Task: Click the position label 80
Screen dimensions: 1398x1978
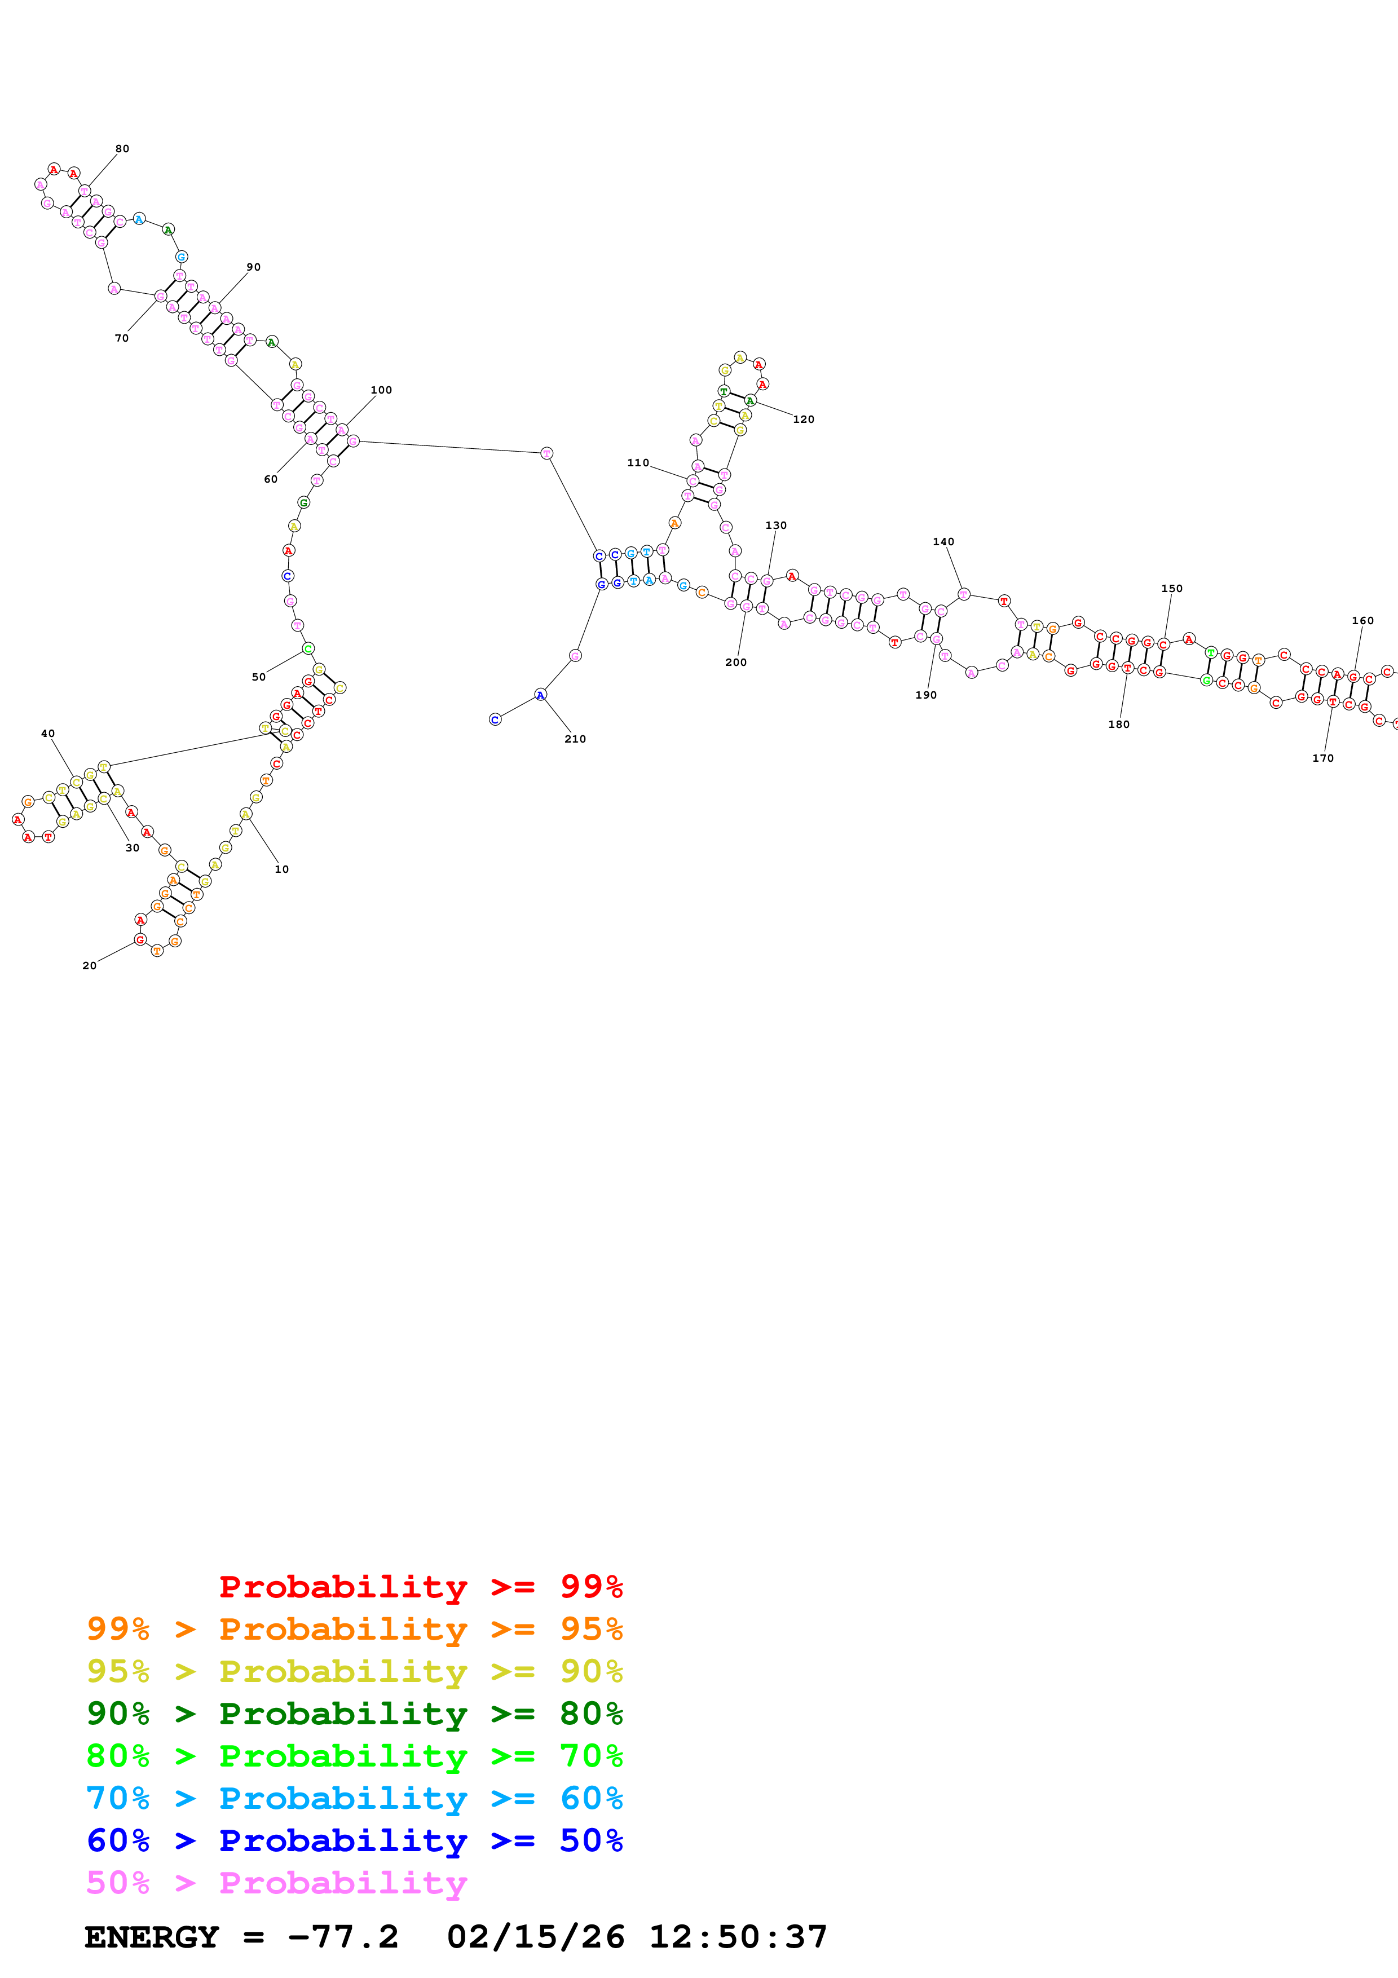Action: tap(122, 149)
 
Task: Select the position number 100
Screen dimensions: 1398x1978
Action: tap(381, 390)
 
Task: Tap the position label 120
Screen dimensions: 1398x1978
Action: tap(803, 420)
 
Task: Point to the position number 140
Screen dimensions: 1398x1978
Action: tap(943, 542)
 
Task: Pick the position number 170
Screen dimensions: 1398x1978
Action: tap(1323, 758)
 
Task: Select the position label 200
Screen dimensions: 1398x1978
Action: tap(735, 663)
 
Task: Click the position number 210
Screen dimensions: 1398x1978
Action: tap(575, 739)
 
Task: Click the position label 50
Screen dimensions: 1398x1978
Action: tap(258, 677)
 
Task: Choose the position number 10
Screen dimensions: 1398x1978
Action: tap(281, 869)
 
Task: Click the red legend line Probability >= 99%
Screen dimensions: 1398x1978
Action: tap(420, 1587)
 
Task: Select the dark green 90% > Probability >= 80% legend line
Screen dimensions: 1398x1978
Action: tap(354, 1714)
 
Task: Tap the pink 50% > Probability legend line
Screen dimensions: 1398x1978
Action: tap(276, 1882)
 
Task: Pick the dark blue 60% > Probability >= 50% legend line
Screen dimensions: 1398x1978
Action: tap(354, 1840)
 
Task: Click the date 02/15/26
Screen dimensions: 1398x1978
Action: tap(535, 1937)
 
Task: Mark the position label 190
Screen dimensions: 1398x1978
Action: tap(926, 695)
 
